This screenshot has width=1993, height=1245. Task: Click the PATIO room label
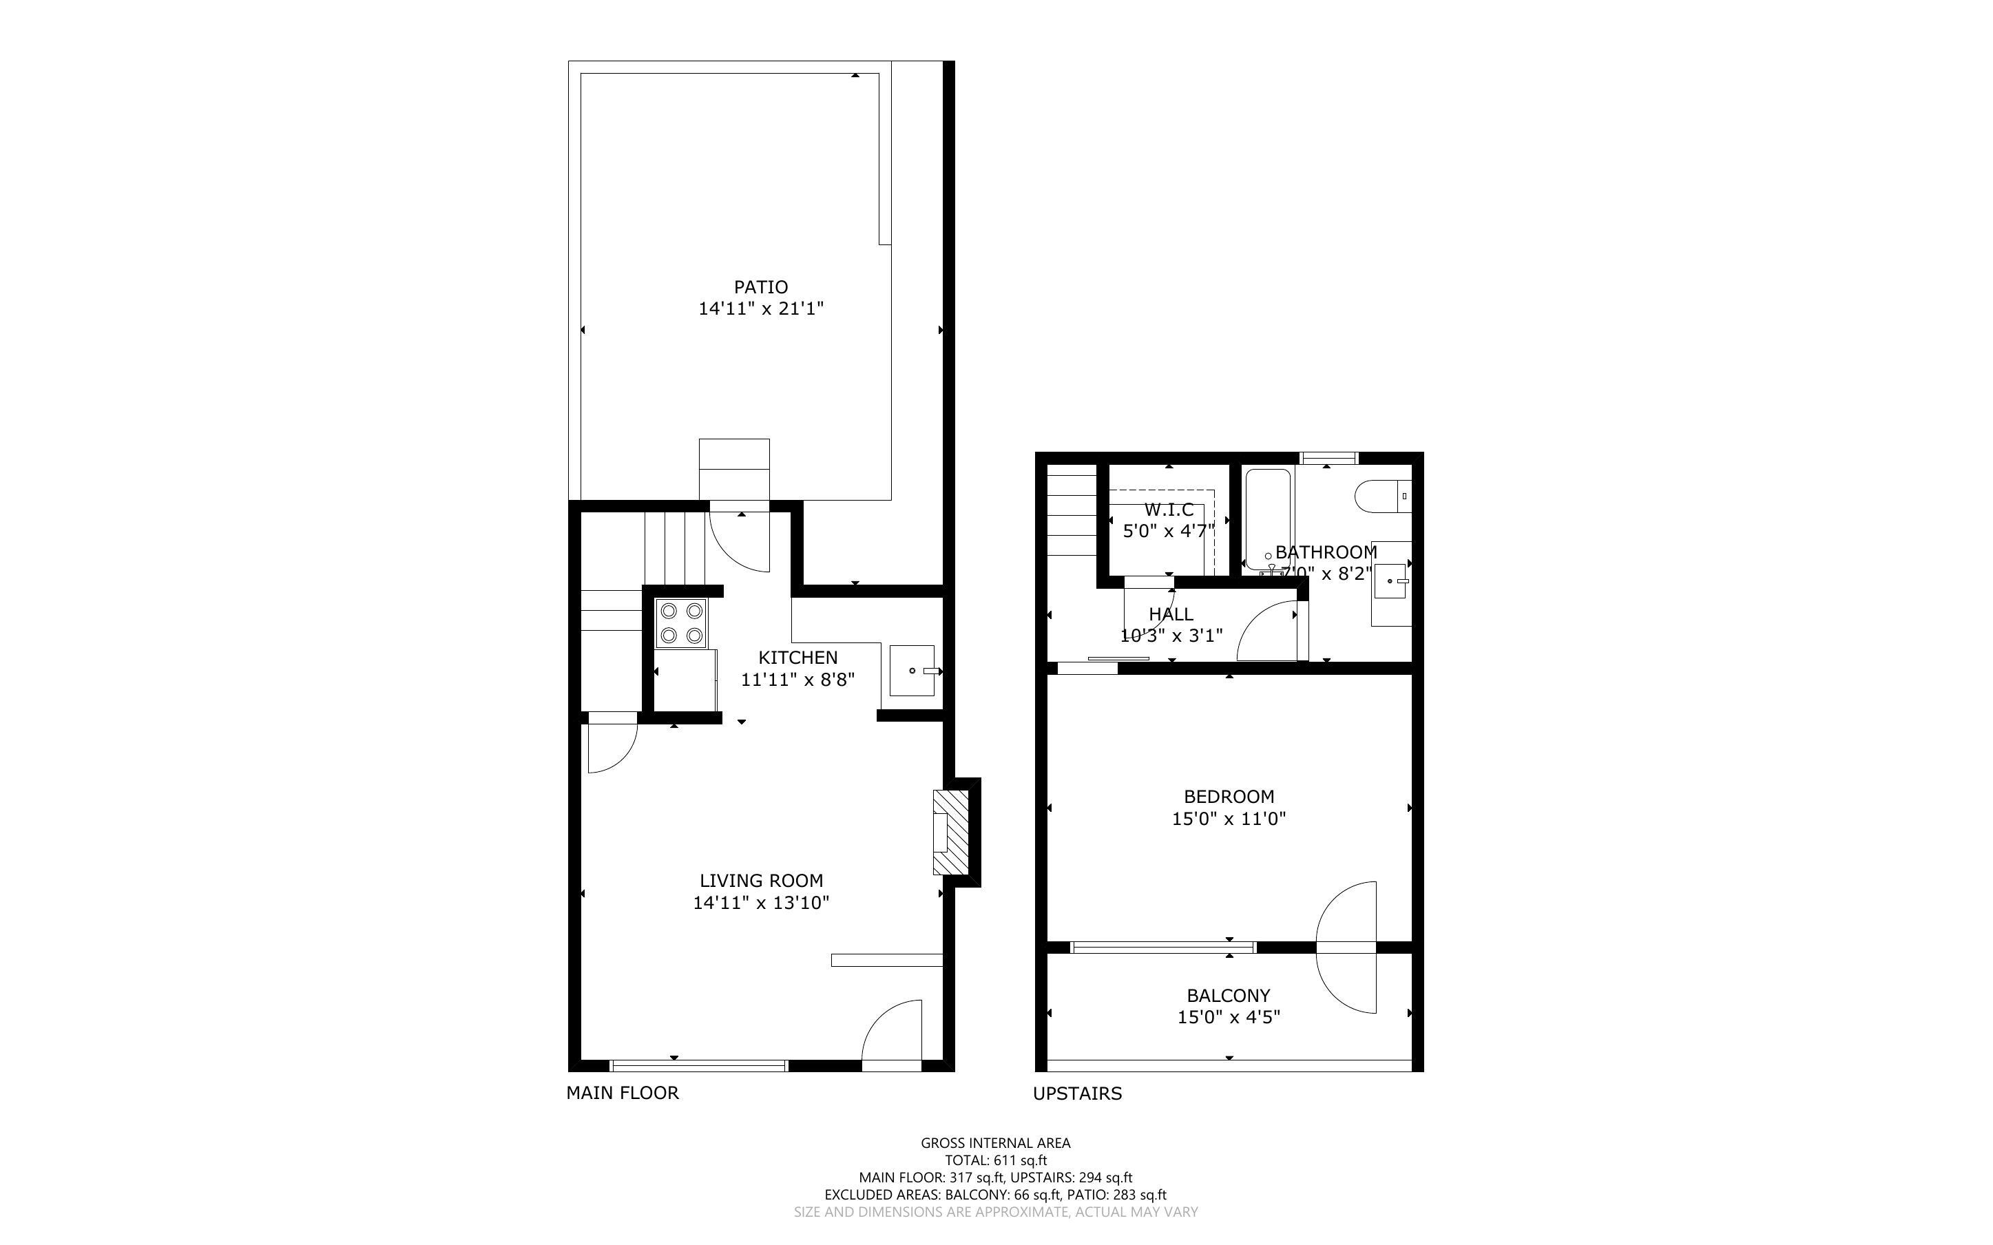pos(761,286)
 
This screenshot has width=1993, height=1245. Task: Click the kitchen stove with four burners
pos(681,623)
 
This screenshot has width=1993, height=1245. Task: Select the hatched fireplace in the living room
pos(951,832)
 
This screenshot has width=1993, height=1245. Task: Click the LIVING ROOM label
pos(761,880)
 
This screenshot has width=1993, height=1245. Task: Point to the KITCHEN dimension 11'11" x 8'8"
pos(797,680)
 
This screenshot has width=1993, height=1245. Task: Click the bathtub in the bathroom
pos(1268,519)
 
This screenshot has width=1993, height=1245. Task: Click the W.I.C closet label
pos(1168,510)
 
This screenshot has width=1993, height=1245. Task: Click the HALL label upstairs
pos(1171,614)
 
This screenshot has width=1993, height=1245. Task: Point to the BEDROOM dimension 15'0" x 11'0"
pos(1228,819)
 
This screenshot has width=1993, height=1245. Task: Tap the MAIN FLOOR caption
pos(623,1093)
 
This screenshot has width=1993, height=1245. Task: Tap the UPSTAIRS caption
pos(1077,1094)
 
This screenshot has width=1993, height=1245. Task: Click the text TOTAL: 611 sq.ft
pos(995,1160)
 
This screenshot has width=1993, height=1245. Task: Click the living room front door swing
pos(893,1034)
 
